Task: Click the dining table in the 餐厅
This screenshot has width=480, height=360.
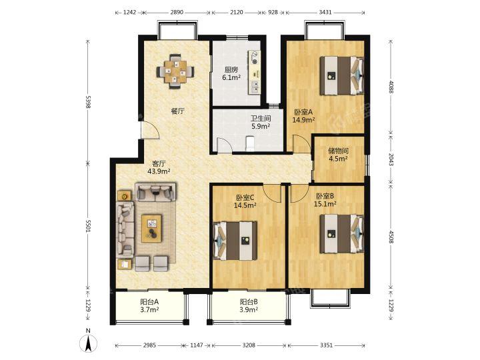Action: [175, 72]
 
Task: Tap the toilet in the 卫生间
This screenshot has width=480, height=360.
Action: [250, 144]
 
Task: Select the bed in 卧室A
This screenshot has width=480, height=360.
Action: [342, 75]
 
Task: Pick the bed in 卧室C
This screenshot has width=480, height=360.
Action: [235, 241]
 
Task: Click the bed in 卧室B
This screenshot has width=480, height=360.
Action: [342, 233]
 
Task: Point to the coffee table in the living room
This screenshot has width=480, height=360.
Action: [151, 229]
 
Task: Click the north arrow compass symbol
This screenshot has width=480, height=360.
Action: [88, 342]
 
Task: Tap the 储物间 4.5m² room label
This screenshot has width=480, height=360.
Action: [338, 155]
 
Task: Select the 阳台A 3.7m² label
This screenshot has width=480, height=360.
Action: [149, 305]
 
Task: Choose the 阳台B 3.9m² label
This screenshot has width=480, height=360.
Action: [249, 305]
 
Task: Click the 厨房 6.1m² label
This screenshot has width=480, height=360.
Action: [231, 73]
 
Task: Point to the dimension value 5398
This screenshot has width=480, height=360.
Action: [88, 102]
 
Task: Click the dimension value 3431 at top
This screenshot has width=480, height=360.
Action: [325, 12]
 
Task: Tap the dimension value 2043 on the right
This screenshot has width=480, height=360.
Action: [391, 159]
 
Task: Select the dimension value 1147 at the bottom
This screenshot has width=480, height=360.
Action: [197, 345]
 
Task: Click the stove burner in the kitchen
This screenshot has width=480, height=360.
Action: [255, 55]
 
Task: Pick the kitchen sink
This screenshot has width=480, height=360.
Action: [255, 87]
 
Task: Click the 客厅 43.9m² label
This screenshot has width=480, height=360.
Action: [159, 167]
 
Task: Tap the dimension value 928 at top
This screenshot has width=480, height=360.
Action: [273, 12]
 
